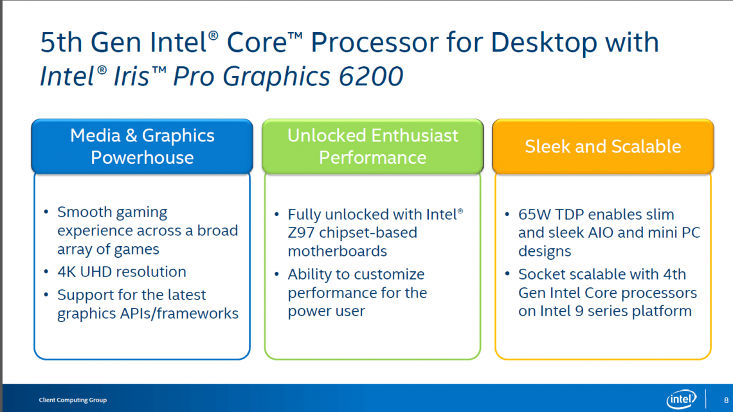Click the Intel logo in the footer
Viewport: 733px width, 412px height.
682,399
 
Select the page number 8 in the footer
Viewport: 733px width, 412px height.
726,400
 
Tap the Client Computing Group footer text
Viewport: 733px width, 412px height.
73,400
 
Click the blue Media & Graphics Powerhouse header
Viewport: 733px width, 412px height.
142,147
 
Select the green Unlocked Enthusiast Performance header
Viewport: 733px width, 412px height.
372,147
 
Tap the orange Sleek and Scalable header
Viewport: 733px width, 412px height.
602,147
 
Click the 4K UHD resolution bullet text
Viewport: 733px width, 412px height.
122,272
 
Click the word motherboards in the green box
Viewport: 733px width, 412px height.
338,251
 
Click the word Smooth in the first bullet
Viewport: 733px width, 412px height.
83,212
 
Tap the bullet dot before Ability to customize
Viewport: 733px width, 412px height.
276,275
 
